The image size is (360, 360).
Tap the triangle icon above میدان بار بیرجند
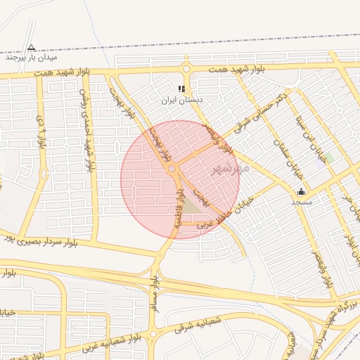tap(31, 48)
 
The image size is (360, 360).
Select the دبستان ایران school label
tap(181, 101)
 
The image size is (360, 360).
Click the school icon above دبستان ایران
tap(181, 89)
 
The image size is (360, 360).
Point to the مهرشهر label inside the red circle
tap(231, 169)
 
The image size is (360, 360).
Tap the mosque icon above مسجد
tap(302, 191)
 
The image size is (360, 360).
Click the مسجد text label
tap(302, 202)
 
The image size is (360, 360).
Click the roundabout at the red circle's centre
tap(173, 169)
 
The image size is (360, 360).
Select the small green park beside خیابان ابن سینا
tap(328, 157)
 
